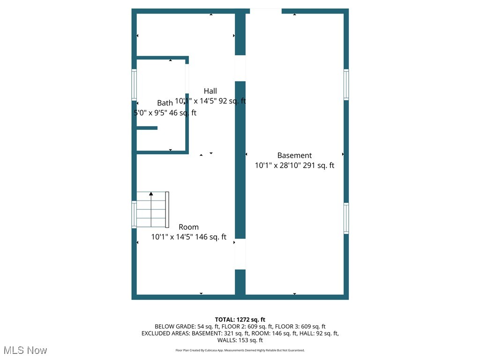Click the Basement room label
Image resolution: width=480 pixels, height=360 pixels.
click(294, 155)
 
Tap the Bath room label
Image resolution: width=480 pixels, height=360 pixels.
click(165, 103)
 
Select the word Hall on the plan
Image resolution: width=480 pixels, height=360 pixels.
click(210, 91)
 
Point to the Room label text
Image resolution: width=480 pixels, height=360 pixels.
click(188, 227)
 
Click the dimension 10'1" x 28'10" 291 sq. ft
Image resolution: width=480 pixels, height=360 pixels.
click(294, 165)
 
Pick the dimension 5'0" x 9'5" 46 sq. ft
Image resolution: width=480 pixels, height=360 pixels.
click(165, 113)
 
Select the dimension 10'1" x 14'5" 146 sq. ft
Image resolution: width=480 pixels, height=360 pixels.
click(188, 237)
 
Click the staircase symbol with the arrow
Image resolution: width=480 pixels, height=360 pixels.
click(152, 209)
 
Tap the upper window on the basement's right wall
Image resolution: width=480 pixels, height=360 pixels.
click(346, 84)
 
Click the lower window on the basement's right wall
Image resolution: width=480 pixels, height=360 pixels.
click(346, 218)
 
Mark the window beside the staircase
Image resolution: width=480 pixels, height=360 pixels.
click(134, 214)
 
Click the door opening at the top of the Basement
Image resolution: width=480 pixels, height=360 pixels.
click(266, 11)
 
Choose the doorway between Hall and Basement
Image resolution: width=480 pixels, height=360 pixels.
click(240, 68)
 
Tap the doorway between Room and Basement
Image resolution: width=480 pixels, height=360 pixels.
click(240, 254)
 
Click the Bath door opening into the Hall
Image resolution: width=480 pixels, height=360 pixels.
click(187, 78)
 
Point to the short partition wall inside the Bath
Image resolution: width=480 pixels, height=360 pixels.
click(147, 128)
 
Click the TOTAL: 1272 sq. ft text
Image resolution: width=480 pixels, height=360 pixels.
click(240, 320)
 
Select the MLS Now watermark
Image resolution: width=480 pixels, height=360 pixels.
click(25, 350)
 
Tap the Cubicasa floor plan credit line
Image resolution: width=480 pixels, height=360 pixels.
click(240, 350)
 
